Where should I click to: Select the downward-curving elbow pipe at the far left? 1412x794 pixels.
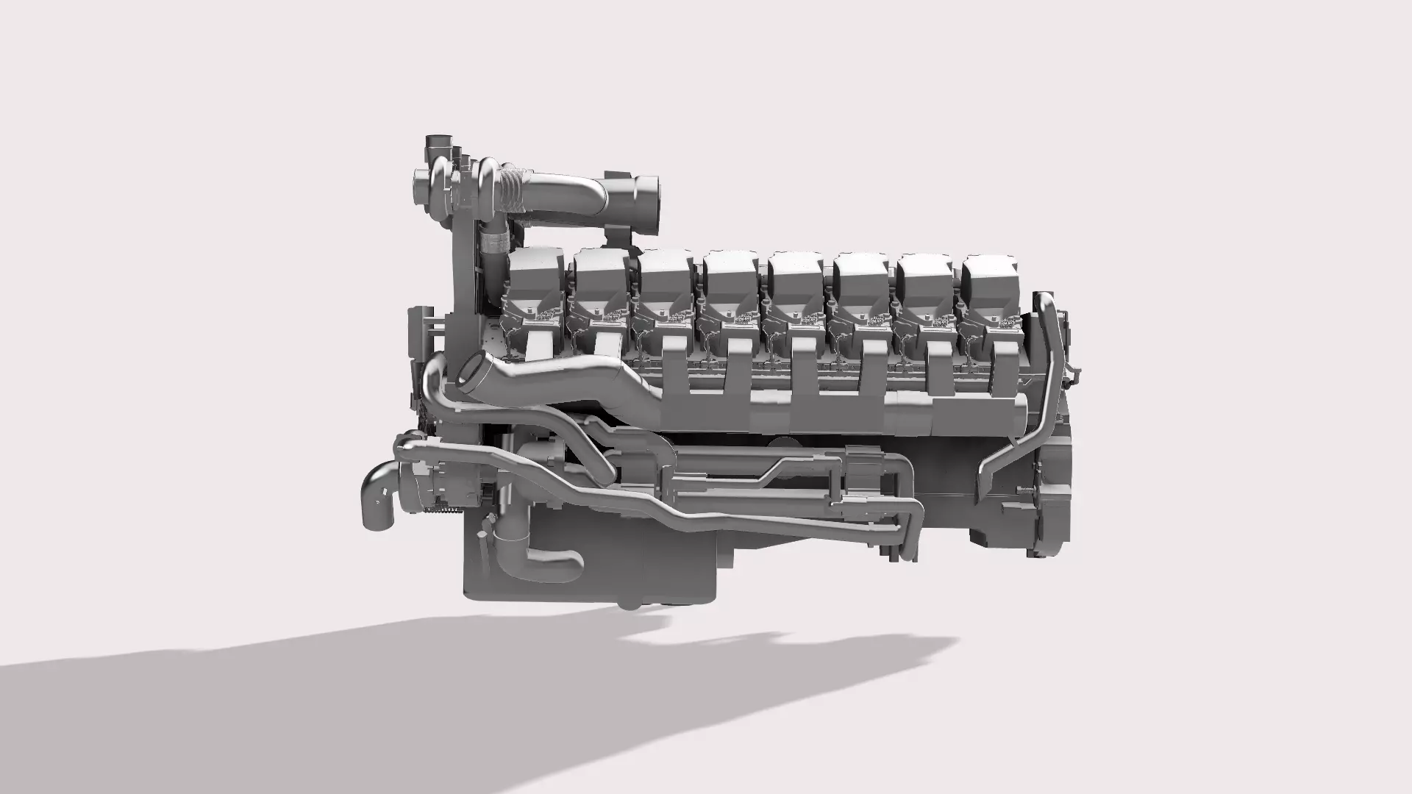click(x=378, y=500)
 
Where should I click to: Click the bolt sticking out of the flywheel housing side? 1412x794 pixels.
click(x=1024, y=490)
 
